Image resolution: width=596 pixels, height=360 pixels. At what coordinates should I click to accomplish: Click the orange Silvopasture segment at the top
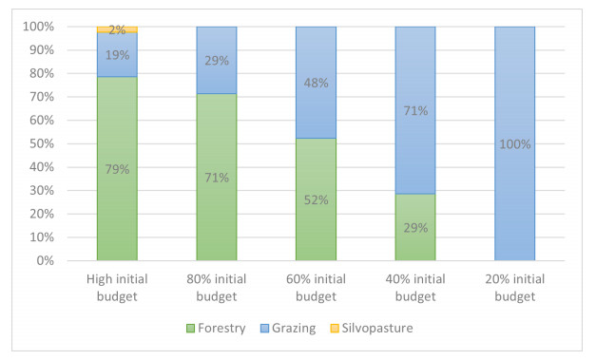pos(117,29)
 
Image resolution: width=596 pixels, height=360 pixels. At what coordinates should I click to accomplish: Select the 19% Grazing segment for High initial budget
pos(117,55)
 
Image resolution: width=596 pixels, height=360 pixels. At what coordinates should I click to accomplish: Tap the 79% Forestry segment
pos(117,169)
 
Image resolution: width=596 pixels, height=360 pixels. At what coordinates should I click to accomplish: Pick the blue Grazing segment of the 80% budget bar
pos(217,61)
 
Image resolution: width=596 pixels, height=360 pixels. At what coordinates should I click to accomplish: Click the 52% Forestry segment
pos(316,199)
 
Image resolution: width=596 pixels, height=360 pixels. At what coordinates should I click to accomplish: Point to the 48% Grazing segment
pos(316,83)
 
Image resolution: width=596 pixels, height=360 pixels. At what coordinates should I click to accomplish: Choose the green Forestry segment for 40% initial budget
pos(415,227)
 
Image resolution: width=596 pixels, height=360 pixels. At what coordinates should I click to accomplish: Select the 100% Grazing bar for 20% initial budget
pos(514,143)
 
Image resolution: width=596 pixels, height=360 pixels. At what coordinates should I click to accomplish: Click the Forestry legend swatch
pos(190,328)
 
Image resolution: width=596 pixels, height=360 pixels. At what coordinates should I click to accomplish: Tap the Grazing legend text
pos(294,328)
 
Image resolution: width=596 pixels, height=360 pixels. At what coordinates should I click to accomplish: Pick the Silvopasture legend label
pos(377,328)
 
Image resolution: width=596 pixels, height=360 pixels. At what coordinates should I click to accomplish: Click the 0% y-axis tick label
pos(46,260)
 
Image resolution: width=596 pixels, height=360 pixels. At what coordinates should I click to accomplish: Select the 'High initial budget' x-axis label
pos(117,288)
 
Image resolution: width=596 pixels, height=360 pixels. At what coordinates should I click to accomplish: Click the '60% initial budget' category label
pos(316,288)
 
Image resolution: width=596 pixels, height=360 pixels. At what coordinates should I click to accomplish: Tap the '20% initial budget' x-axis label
pos(514,288)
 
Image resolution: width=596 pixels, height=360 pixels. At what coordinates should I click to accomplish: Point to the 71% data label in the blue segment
pos(415,110)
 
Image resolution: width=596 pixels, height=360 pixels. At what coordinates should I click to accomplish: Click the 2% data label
pos(117,29)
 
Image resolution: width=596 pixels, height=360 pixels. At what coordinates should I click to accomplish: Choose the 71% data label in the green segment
pos(217,178)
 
